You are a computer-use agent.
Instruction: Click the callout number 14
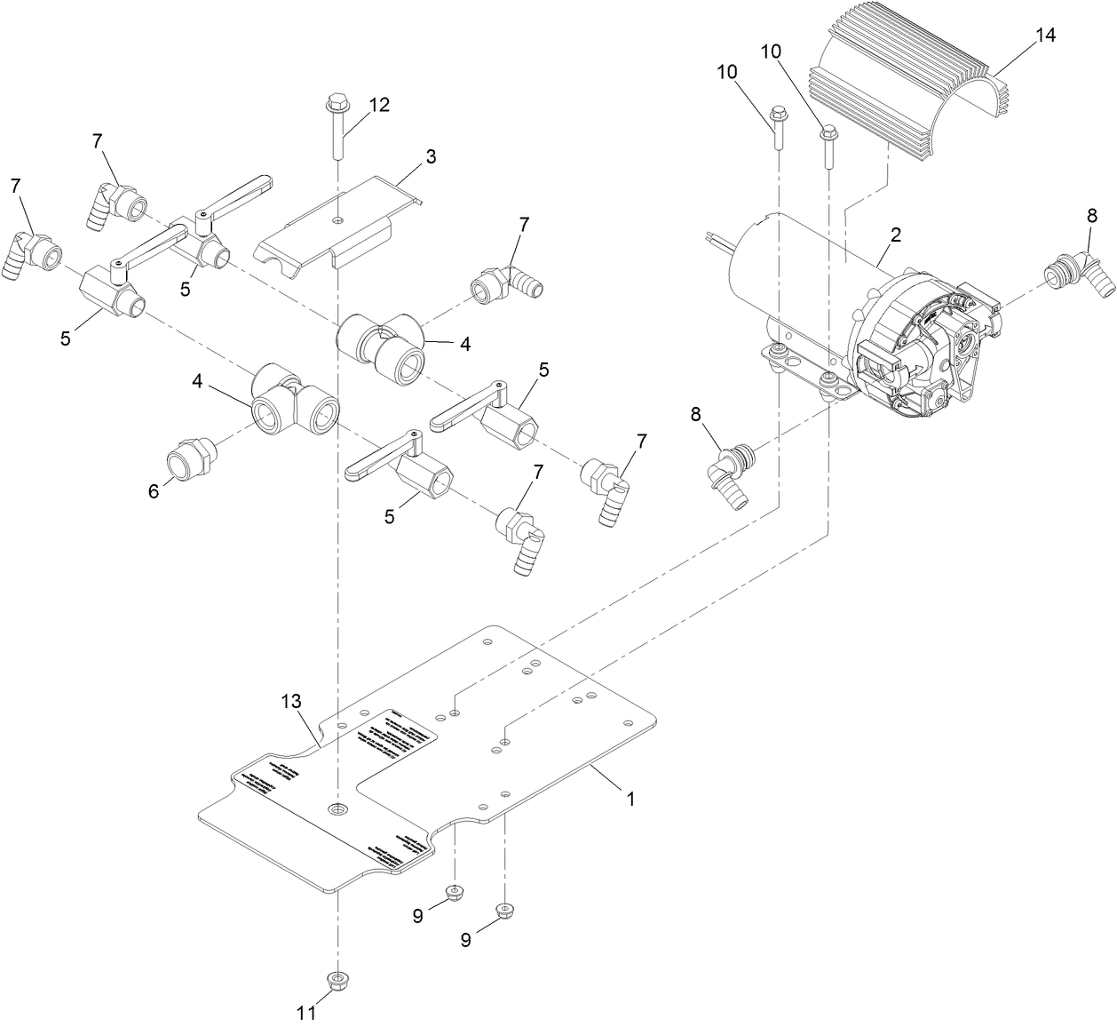[x=1045, y=36]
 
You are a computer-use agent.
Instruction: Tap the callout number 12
[x=378, y=104]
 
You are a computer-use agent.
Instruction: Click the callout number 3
[x=430, y=157]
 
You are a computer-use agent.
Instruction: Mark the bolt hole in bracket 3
[x=337, y=219]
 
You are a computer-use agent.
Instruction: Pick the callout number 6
[x=154, y=490]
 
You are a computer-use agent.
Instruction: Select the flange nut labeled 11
[x=337, y=979]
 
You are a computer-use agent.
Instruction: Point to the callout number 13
[x=291, y=702]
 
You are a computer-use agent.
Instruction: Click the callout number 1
[x=630, y=799]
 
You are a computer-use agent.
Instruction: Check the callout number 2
[x=895, y=235]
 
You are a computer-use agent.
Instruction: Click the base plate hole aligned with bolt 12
[x=337, y=808]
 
